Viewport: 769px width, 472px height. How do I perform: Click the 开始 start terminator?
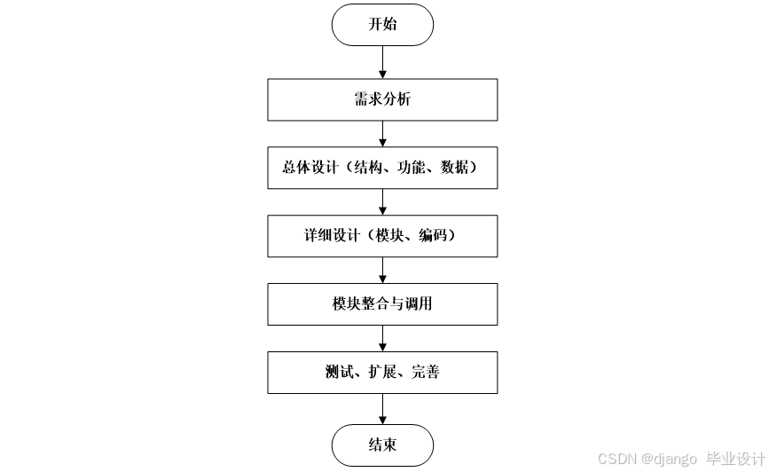[382, 25]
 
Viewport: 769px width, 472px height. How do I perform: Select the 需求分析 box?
[382, 99]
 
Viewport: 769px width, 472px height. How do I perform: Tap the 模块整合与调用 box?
[382, 304]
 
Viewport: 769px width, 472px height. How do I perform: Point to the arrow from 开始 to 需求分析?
[382, 62]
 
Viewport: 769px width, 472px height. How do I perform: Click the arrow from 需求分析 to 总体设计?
[382, 133]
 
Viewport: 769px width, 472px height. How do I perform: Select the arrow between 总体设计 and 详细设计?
[382, 201]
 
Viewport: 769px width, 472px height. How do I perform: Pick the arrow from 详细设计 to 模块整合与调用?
[382, 270]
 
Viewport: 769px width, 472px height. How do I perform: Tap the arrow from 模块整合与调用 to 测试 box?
[382, 338]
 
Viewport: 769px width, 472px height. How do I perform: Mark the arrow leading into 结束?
[382, 408]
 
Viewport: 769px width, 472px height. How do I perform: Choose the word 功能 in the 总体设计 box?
[412, 168]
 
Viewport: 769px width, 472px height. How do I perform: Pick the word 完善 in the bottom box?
[425, 373]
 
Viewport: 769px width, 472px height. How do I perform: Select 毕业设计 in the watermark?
[734, 459]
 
